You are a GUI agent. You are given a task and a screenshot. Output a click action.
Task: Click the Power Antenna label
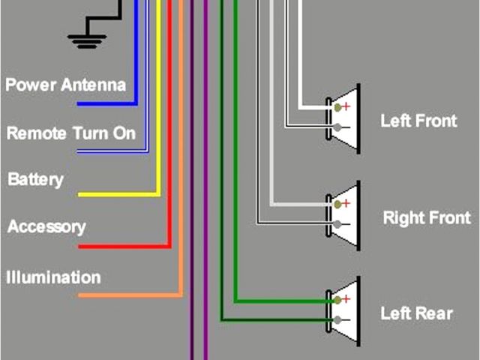65,84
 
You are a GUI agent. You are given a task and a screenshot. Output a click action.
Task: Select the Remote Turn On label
70,133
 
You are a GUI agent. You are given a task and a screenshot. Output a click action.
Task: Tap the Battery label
35,180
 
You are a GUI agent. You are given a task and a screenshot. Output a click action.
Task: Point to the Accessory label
46,226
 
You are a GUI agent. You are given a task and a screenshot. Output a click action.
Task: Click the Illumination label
53,277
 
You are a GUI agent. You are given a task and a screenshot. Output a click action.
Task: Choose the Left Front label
418,120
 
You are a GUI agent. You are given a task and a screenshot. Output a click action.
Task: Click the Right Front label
426,218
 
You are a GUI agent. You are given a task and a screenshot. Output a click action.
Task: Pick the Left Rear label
416,313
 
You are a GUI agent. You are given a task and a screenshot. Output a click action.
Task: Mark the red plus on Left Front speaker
346,106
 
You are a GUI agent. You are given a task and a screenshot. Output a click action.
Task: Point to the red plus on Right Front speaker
346,203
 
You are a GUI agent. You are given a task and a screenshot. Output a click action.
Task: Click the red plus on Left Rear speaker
346,299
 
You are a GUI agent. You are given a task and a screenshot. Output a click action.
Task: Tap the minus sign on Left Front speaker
346,128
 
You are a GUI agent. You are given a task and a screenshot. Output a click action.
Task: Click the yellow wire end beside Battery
81,195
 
